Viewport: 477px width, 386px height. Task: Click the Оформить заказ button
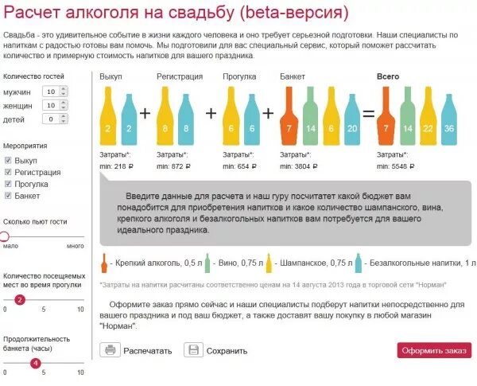[434, 350]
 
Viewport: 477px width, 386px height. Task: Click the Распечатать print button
[136, 350]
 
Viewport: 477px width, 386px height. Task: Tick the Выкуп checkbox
[8, 161]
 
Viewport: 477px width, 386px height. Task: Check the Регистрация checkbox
[8, 172]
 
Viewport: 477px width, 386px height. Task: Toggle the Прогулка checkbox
[8, 184]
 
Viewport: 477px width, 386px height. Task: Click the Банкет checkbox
[8, 195]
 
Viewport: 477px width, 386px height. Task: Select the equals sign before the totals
[367, 113]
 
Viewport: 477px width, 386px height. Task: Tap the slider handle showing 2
[20, 299]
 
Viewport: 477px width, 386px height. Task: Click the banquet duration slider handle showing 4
[35, 364]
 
